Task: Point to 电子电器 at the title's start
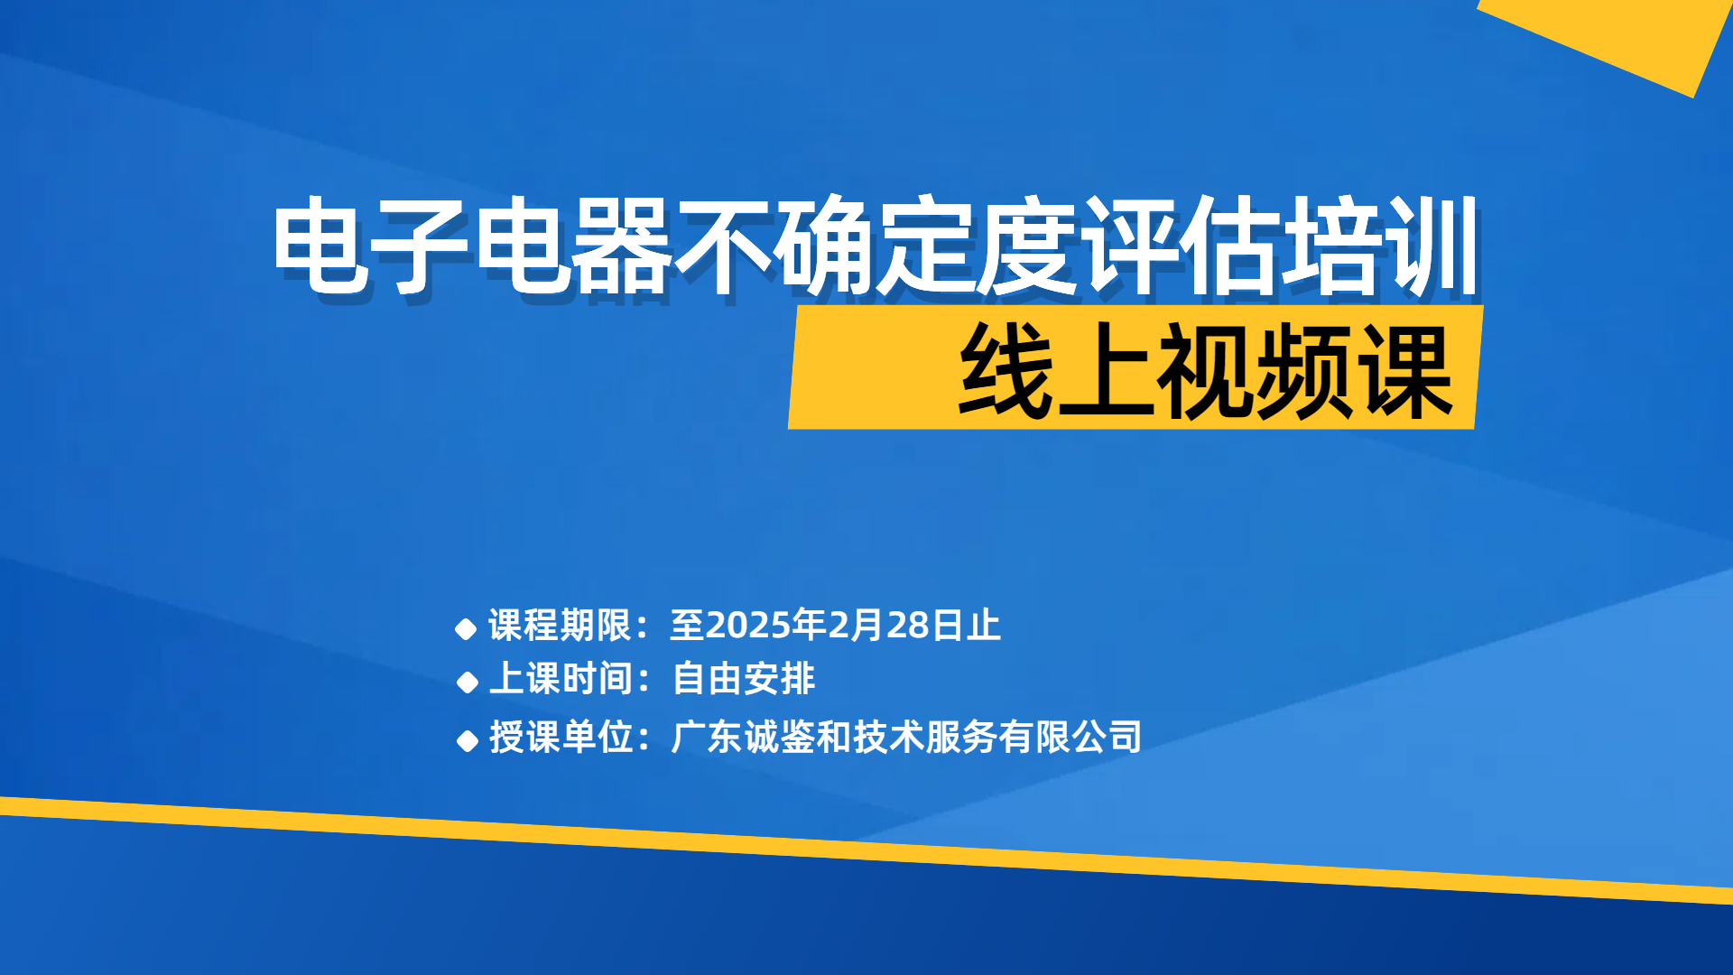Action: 473,246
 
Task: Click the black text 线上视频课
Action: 1205,371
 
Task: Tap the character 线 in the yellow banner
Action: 1006,371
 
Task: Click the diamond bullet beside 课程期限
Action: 466,629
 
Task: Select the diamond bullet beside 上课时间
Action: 467,682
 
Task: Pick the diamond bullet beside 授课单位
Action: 467,741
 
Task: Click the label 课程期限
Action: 560,625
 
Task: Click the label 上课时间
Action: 561,679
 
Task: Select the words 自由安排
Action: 744,679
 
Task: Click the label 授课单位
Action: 561,737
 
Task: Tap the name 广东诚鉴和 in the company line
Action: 762,737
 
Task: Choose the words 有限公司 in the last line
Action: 1070,737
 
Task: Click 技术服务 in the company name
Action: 925,737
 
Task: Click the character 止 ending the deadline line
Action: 983,625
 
